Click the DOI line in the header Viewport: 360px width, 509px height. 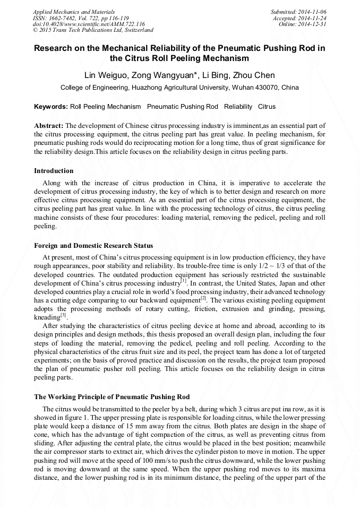89,24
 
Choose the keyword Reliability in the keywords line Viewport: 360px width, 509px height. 238,107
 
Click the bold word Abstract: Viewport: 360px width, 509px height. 49,126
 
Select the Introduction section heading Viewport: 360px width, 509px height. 54,171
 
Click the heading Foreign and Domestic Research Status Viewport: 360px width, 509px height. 93,246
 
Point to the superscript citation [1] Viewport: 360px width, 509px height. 183,281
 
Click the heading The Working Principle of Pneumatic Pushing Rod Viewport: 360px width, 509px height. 112,396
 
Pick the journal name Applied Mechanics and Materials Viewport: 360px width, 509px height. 74,11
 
